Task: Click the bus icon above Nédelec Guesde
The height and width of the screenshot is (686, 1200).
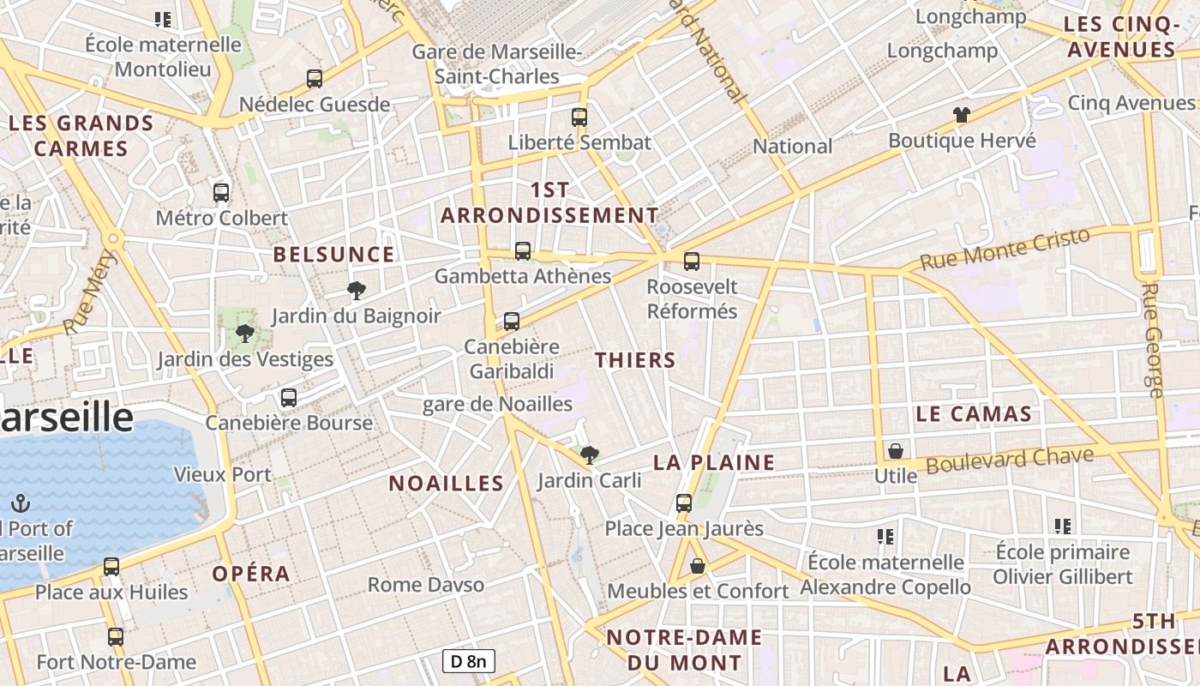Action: tap(315, 79)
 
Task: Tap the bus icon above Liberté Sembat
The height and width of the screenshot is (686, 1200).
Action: tap(579, 117)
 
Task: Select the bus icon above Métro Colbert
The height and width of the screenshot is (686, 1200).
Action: tap(221, 192)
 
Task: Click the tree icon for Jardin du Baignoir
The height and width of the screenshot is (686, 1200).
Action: tap(356, 291)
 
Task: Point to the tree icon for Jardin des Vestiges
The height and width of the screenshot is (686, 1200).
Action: tap(245, 334)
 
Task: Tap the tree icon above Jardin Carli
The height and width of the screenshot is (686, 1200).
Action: tap(589, 455)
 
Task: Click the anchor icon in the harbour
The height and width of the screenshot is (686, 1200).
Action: tap(21, 503)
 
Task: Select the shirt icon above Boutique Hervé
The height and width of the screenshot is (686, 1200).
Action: tap(961, 115)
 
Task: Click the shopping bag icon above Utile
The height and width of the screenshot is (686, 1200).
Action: tap(896, 450)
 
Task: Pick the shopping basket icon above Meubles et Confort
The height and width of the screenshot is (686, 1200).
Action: tap(698, 566)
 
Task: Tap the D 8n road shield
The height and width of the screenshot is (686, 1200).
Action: tap(469, 661)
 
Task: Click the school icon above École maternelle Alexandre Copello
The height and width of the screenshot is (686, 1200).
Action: tap(885, 537)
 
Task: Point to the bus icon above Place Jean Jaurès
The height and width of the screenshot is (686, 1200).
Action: tap(684, 502)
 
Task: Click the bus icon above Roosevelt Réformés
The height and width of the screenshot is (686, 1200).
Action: tap(692, 261)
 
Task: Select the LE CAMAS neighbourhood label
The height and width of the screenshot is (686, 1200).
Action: tap(974, 414)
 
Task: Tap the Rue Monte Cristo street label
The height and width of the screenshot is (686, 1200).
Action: tap(1005, 248)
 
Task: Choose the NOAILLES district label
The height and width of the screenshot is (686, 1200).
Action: tap(447, 483)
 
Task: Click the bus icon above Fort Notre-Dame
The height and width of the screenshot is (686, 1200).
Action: tap(116, 636)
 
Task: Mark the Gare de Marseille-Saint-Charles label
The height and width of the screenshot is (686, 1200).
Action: tap(497, 64)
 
